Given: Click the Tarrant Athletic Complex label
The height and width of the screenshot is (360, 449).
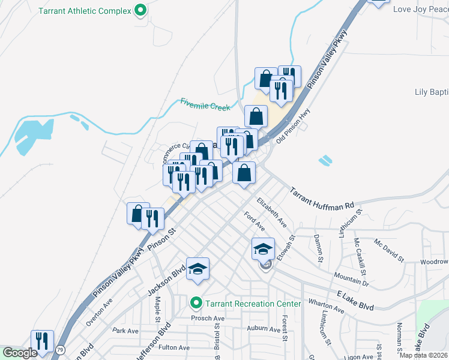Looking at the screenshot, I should pos(85,10).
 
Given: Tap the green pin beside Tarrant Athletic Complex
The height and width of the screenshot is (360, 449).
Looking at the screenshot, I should pos(140,10).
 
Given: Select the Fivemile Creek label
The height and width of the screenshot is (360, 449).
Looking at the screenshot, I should pos(205,104).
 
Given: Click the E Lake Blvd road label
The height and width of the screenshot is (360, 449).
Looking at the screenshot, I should pos(357,301).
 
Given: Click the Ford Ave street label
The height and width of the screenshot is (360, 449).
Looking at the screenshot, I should pos(255,221).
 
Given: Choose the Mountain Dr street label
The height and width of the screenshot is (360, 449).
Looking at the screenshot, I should pos(351,277).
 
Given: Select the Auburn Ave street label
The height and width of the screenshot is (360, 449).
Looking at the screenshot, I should pos(265,329).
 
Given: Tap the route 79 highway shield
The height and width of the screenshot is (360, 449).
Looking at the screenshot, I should pos(60,349).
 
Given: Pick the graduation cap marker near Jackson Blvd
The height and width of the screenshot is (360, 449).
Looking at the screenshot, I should pos(197,269).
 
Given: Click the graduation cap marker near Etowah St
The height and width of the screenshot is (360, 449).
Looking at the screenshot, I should pos(263,249).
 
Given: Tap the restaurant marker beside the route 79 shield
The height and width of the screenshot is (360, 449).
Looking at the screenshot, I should pos(42,341).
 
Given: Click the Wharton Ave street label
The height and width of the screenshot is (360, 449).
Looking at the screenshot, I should pos(327,306).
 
